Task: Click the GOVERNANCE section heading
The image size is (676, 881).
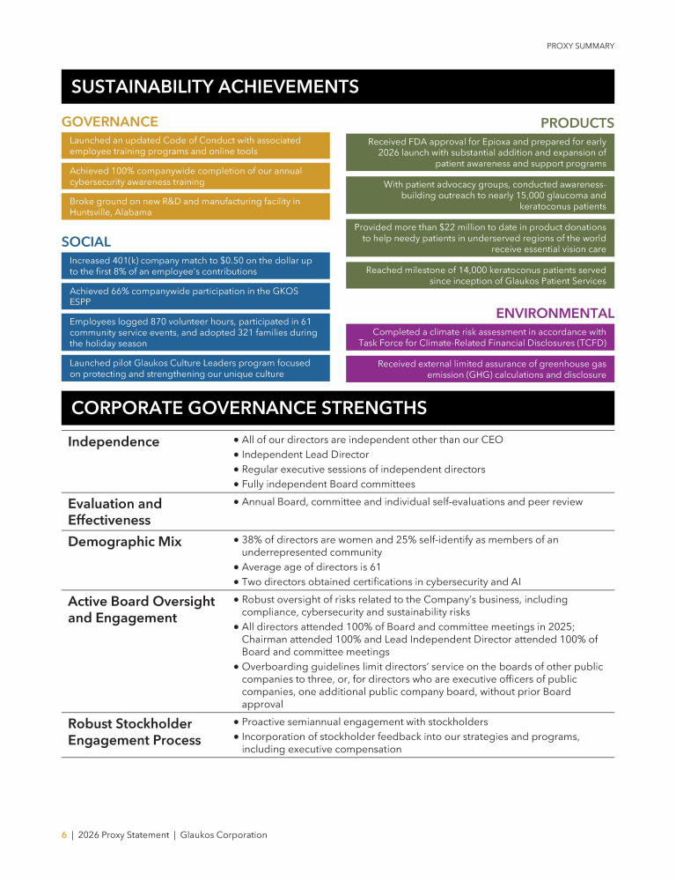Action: click(x=110, y=122)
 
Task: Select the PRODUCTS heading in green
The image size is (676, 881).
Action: click(x=577, y=122)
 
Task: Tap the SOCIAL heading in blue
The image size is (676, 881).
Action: click(x=86, y=241)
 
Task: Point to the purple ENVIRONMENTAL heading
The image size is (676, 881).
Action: click(x=555, y=313)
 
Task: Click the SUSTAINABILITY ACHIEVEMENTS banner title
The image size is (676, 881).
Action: click(x=215, y=86)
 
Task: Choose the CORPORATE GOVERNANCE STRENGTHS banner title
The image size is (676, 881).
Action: click(x=249, y=408)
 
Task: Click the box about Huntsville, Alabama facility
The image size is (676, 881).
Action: click(x=195, y=207)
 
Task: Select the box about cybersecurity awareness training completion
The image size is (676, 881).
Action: click(x=195, y=176)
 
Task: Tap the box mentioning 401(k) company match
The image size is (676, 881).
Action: click(x=195, y=266)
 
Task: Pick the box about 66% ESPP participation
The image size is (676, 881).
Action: click(x=195, y=295)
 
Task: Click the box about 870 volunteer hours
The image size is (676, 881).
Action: click(x=195, y=332)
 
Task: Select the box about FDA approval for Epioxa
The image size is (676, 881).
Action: click(x=480, y=152)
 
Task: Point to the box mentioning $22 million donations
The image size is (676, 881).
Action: click(x=480, y=238)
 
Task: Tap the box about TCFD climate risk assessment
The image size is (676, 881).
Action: click(x=480, y=337)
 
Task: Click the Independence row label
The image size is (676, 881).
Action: click(x=114, y=441)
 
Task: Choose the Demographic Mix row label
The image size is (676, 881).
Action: click(x=124, y=542)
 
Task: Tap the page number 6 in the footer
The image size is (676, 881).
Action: click(x=63, y=834)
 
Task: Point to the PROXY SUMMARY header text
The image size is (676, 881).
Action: click(x=580, y=46)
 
